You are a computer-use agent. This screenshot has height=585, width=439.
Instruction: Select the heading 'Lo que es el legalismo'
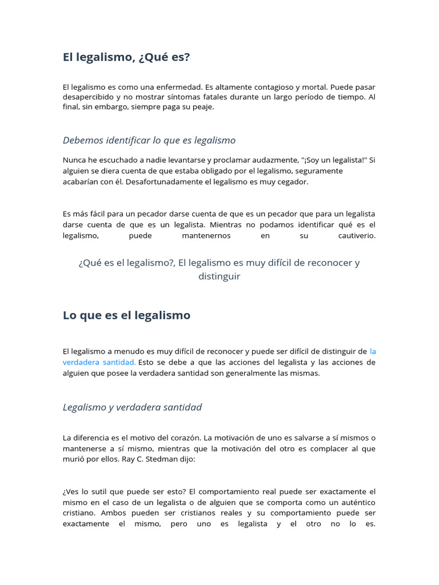click(126, 315)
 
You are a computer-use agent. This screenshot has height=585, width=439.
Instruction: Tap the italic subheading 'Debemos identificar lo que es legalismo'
click(149, 140)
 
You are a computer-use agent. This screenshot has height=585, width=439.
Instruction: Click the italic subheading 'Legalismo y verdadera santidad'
click(132, 407)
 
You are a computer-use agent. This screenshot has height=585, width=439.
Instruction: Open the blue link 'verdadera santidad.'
click(99, 362)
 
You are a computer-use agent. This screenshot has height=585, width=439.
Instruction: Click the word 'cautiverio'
click(357, 235)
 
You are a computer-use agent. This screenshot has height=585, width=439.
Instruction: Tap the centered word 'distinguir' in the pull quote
click(219, 277)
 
